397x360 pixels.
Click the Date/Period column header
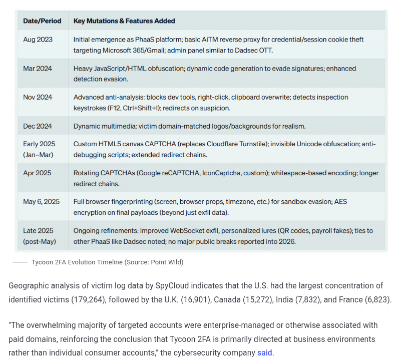click(x=42, y=21)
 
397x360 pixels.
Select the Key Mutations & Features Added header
click(x=124, y=21)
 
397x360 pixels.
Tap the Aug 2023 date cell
click(x=38, y=39)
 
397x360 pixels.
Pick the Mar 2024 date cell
click(x=38, y=68)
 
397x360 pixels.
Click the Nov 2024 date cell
click(x=38, y=97)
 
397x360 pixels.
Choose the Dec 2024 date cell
click(x=38, y=126)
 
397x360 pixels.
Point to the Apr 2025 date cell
click(x=38, y=173)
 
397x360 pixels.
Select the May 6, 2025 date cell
click(x=41, y=202)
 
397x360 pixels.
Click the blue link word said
click(x=264, y=352)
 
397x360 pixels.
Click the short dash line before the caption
click(x=20, y=262)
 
